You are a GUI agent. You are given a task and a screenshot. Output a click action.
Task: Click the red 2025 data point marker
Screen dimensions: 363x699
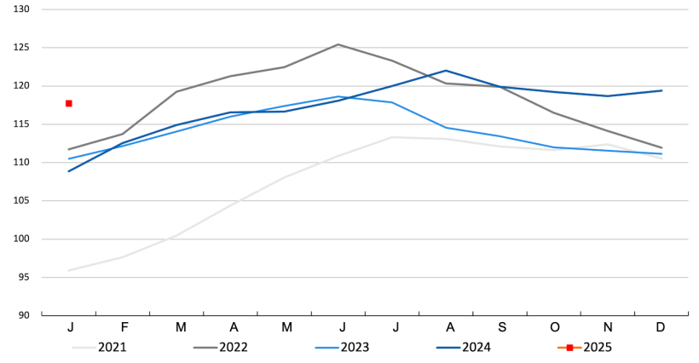(69, 103)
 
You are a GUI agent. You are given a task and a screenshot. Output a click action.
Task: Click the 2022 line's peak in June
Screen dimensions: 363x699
(338, 44)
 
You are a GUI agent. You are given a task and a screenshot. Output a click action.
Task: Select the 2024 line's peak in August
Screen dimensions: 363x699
(446, 71)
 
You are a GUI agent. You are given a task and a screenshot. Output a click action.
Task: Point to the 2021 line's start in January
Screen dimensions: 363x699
(69, 270)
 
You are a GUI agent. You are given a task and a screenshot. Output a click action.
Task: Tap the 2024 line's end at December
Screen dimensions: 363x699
(661, 90)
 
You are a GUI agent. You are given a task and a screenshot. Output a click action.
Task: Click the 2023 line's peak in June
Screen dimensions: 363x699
(338, 96)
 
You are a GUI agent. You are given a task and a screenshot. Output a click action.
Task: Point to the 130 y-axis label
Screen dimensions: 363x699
(20, 9)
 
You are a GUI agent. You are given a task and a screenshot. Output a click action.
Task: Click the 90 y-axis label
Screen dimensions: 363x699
(23, 315)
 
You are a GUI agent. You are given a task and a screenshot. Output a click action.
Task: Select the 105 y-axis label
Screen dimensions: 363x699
(20, 201)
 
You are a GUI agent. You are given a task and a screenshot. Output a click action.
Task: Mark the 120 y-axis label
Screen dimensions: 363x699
(20, 86)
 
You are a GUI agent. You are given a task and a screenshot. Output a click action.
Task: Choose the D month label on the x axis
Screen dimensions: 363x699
(661, 327)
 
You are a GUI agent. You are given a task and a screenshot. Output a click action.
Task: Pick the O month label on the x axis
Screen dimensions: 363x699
(554, 327)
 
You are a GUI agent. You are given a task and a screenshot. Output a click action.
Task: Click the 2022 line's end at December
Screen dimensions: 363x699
(661, 147)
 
